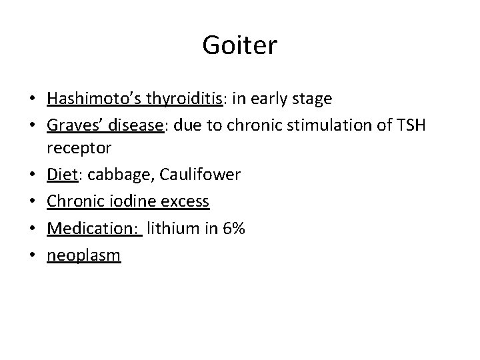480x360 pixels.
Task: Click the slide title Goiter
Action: (x=240, y=46)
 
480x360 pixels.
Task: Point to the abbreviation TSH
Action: (x=413, y=127)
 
